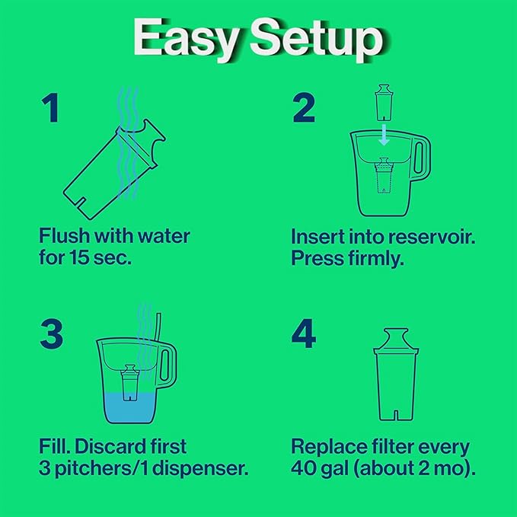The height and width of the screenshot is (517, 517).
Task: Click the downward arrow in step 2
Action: tap(385, 135)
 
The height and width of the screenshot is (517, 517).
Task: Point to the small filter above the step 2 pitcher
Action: tap(385, 102)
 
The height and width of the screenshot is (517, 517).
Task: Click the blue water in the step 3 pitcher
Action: tap(133, 407)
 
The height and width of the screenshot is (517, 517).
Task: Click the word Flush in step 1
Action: tap(63, 235)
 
